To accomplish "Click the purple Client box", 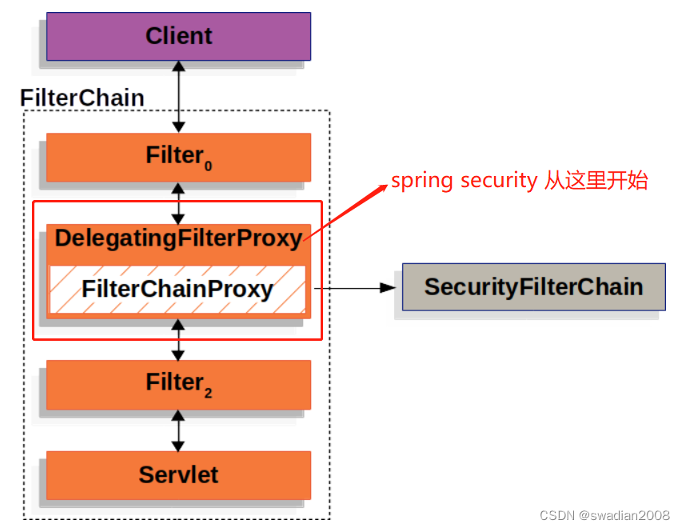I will [x=178, y=36].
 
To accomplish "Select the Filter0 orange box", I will [x=178, y=156].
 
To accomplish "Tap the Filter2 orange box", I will [x=178, y=384].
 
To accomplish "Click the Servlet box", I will [x=178, y=474].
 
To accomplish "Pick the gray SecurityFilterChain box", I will [x=533, y=286].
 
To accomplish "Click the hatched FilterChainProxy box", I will [x=177, y=289].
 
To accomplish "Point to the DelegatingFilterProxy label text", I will [x=178, y=238].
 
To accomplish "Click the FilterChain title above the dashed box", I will [x=82, y=98].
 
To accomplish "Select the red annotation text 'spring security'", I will [x=463, y=181].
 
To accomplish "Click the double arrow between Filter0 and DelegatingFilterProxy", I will [x=178, y=202].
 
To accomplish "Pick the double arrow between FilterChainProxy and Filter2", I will [x=178, y=338].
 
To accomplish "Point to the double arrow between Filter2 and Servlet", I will [x=178, y=430].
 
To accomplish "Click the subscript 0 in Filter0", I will [x=209, y=166].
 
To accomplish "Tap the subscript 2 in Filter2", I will [x=209, y=394].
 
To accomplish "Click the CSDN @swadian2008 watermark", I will [x=605, y=515].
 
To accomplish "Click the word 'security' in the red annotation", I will [x=498, y=181].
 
